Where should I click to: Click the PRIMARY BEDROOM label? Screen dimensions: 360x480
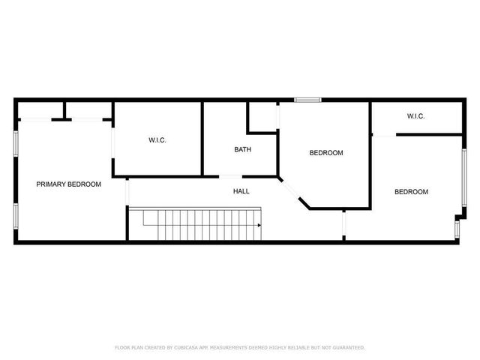69,184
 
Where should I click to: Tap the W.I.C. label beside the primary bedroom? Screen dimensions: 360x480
157,139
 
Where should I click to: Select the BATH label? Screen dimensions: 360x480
242,149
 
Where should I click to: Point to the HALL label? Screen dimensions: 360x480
241,191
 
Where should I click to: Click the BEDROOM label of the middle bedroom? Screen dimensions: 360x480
326,153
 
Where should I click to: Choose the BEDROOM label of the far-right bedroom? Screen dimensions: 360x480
411,192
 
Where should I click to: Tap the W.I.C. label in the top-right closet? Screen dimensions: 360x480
415,116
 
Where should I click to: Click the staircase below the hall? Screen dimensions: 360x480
195,224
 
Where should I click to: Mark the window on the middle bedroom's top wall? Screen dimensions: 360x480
307,99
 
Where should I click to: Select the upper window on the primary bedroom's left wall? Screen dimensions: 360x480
16,143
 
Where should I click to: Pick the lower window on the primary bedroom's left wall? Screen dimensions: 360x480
16,214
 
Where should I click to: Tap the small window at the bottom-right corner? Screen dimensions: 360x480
457,225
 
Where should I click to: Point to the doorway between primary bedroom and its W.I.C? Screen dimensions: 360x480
112,148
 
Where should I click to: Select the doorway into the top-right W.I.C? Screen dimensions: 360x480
383,135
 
